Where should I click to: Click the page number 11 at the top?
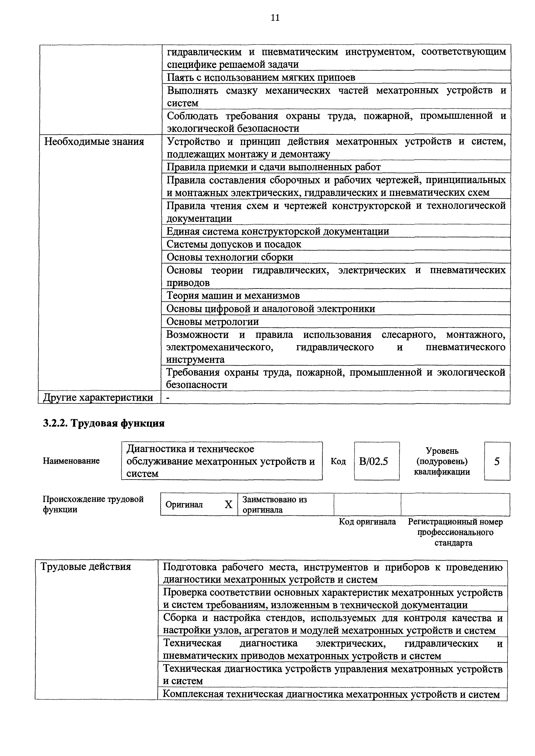tap(275, 18)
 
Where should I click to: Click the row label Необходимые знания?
tap(94, 142)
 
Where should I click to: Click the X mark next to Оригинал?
tap(228, 504)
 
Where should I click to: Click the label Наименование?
tap(71, 461)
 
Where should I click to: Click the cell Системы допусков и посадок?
tap(234, 244)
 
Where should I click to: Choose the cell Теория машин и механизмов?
tap(233, 296)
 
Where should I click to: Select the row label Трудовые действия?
tap(86, 567)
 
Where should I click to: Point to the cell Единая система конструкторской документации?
tap(277, 232)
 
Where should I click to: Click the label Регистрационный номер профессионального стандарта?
tap(455, 532)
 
